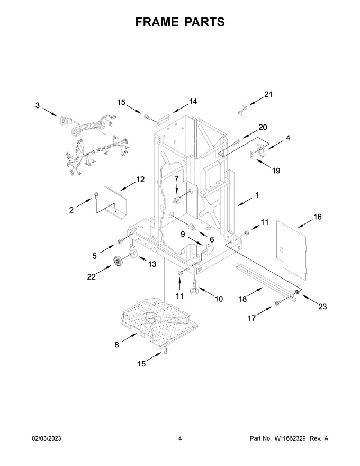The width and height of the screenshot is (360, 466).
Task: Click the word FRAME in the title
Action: pos(157,22)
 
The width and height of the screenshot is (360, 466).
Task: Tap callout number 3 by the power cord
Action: pos(38,105)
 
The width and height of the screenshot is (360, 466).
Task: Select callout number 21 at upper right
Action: pos(268,94)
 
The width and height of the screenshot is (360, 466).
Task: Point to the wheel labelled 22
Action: pos(119,261)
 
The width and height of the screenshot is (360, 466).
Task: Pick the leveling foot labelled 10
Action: pos(194,288)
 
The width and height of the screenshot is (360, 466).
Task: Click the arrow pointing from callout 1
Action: pos(245,201)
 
